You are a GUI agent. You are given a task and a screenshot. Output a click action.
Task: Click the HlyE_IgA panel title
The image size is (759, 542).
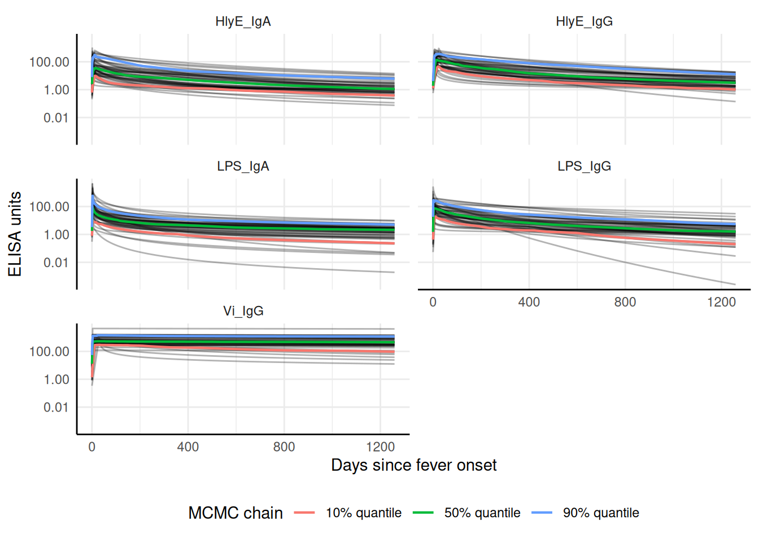pos(243,21)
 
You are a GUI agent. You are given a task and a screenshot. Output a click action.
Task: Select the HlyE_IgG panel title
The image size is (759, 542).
pos(584,21)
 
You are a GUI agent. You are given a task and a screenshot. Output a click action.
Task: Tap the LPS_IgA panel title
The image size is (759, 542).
pos(243,167)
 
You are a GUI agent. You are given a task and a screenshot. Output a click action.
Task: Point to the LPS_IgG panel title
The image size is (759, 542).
pos(584,167)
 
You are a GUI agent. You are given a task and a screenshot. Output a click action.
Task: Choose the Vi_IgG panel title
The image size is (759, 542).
pos(243,311)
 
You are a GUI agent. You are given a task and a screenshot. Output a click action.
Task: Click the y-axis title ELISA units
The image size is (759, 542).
pos(15,234)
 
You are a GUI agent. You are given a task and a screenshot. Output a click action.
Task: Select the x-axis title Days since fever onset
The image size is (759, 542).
pos(413,465)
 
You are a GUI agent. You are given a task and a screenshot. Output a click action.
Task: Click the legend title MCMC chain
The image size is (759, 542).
pos(235,513)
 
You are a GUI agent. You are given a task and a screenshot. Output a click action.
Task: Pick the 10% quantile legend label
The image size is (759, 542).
pos(364,513)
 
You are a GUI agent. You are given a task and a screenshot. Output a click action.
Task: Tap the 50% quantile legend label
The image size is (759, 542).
pos(482,513)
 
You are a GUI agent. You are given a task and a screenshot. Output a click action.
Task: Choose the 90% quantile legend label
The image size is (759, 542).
pos(601,513)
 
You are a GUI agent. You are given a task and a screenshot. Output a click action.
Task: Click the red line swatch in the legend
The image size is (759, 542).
pos(304,513)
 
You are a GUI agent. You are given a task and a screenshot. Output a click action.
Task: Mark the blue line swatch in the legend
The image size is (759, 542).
pos(542,513)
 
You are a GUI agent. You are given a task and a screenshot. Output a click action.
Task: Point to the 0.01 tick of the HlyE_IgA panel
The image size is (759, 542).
pos(56,118)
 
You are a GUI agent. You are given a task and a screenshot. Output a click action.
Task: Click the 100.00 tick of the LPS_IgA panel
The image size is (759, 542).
pos(49,207)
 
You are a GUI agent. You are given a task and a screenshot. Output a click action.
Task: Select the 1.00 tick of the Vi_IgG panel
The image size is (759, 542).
pos(56,380)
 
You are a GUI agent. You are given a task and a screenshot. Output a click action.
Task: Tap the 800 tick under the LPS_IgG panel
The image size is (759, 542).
pos(625,302)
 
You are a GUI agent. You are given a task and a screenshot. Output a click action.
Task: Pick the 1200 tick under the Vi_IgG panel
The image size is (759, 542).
pos(380,447)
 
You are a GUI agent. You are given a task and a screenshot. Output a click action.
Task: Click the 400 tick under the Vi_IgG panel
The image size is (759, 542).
pos(188,447)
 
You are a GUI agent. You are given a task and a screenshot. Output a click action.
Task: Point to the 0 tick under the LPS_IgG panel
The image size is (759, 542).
pos(433,302)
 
